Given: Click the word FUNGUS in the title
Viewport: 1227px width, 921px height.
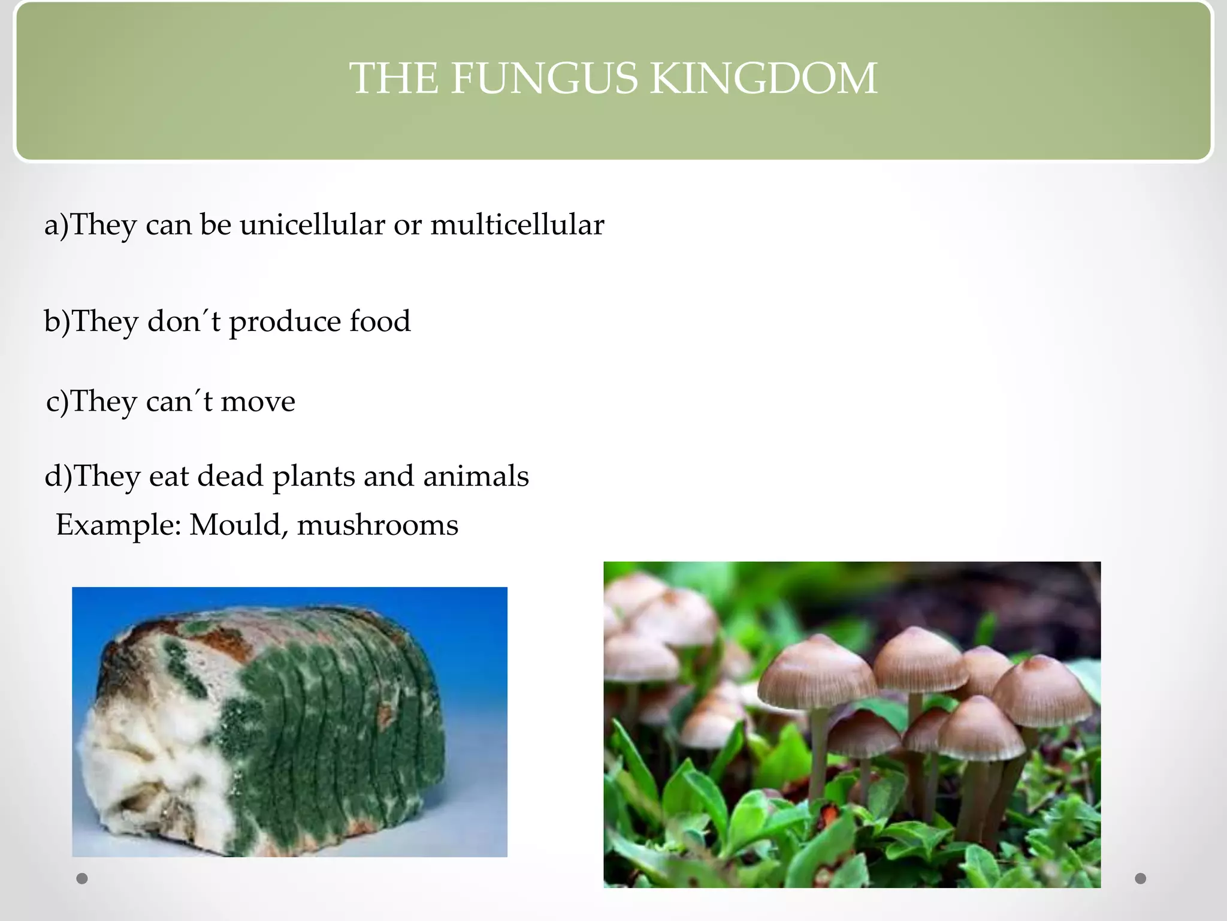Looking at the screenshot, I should pos(544,79).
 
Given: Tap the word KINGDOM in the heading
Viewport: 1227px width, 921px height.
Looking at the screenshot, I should pos(764,79).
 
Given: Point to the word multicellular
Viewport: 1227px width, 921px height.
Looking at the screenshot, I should pos(517,225).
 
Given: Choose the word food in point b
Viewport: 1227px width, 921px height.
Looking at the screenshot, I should pos(380,321).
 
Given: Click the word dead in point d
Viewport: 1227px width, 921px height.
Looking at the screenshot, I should pos(230,476).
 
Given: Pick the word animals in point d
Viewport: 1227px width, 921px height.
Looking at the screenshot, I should pos(476,476).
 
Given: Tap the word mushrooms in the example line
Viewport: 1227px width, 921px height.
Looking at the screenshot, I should pos(377,525).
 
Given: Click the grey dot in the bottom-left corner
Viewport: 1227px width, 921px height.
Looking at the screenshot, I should pos(82,878).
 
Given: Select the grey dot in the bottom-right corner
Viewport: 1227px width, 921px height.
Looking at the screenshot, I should pos(1141,878).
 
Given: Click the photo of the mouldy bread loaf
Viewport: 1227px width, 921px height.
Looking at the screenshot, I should pos(289,721).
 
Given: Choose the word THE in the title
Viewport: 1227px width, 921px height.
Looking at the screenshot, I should pos(393,79).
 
